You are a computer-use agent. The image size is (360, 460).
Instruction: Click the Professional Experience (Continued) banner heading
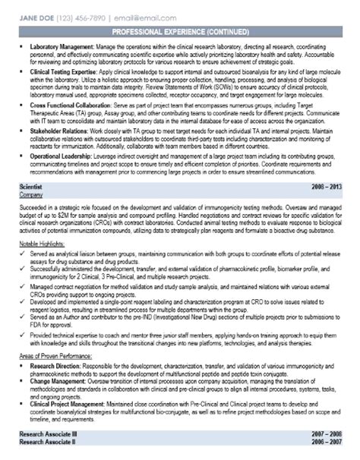tap(179, 32)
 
